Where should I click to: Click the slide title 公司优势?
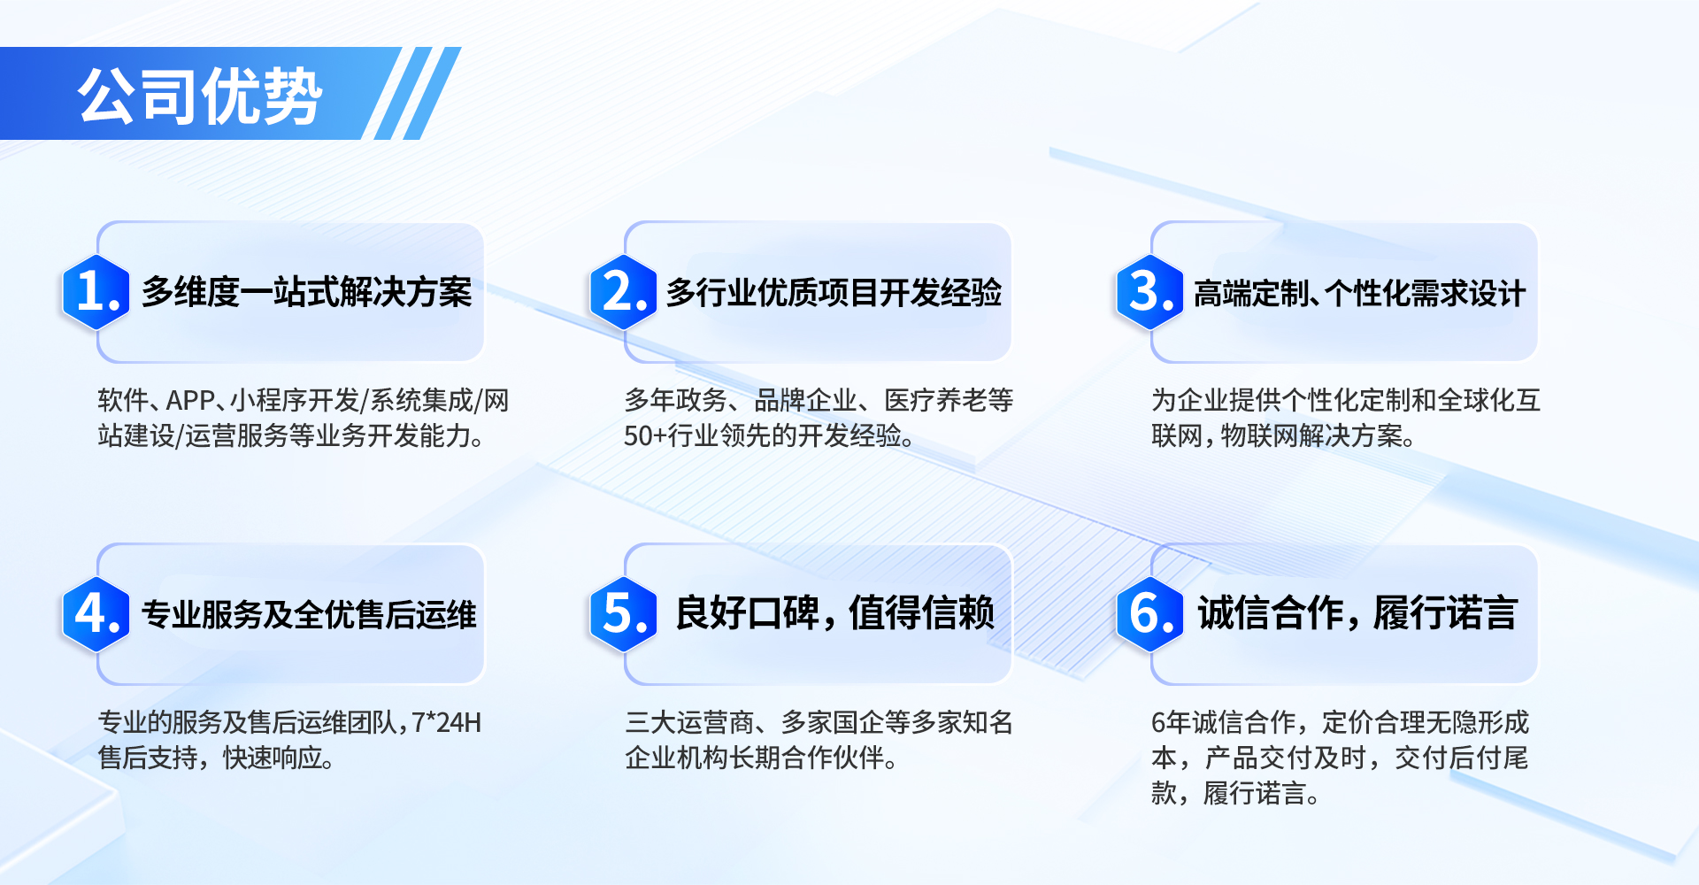[x=200, y=96]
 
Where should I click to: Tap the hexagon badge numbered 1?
[x=96, y=292]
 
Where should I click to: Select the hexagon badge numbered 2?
[x=624, y=292]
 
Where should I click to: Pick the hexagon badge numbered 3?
[x=1150, y=292]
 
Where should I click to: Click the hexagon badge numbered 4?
[x=96, y=614]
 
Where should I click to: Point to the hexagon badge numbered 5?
[x=624, y=614]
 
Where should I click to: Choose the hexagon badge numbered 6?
[x=1150, y=614]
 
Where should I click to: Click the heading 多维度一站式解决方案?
[x=307, y=292]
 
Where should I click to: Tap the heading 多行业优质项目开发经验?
[x=834, y=292]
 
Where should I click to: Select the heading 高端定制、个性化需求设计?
[x=1359, y=293]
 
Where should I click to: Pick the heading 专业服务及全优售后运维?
[x=309, y=614]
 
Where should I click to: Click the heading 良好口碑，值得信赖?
[x=834, y=612]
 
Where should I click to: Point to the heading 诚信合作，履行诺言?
[x=1357, y=612]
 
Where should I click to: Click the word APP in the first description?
[x=190, y=401]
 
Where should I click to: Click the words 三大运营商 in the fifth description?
[x=689, y=723]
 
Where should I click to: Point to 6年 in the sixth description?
[x=1171, y=723]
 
